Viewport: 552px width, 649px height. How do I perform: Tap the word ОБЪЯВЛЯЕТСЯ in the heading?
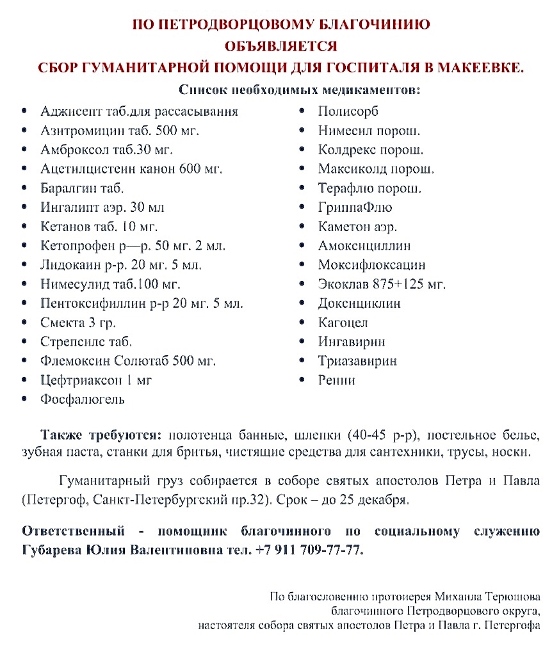[x=280, y=46]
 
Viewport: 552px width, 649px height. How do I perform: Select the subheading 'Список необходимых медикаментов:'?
[x=300, y=90]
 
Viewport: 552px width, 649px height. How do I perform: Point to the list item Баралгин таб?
[x=82, y=188]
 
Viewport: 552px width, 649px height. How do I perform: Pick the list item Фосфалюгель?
[x=83, y=399]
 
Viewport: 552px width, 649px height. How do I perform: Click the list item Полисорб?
[x=348, y=111]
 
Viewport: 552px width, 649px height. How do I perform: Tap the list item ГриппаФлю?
[x=355, y=207]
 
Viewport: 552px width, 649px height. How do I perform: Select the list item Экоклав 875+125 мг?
[x=382, y=284]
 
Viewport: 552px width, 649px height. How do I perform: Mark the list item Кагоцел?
[x=343, y=323]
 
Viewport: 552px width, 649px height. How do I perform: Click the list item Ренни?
[x=336, y=380]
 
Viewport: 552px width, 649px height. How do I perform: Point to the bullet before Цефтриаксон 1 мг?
[x=24, y=381]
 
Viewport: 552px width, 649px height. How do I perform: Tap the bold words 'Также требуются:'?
[x=102, y=435]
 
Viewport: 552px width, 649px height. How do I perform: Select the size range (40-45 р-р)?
[x=382, y=435]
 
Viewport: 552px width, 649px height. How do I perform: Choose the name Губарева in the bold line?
[x=52, y=550]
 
